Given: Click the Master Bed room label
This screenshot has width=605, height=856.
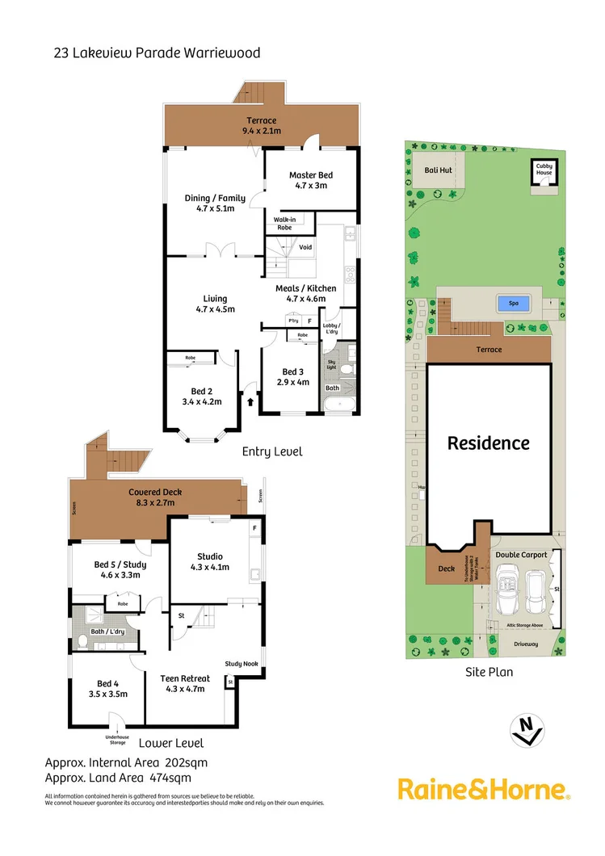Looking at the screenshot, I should click(311, 175).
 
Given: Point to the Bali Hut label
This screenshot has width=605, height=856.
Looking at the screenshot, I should click(438, 170).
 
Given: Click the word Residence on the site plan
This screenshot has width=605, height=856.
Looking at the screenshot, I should click(489, 443).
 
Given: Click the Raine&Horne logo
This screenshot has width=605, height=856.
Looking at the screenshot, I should click(484, 790).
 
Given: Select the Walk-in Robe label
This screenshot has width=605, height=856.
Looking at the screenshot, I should click(284, 223).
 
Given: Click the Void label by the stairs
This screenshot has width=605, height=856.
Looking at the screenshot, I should click(305, 247).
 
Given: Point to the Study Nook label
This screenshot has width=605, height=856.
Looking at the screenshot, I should click(241, 664).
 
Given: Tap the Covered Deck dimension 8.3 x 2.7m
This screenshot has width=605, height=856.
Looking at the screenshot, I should click(155, 503).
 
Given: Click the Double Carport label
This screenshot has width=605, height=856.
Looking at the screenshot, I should click(521, 555).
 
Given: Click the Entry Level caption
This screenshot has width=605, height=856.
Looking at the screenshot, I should click(272, 451).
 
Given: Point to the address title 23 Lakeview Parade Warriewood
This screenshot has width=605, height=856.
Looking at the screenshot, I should click(157, 53).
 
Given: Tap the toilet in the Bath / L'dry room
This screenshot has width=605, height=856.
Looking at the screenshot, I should click(82, 642).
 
